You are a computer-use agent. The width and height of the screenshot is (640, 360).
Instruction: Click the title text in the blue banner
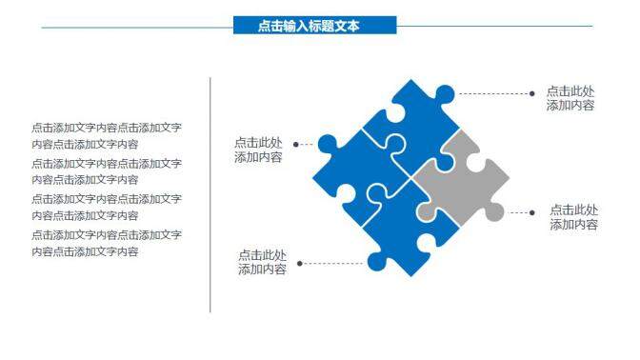[309, 27]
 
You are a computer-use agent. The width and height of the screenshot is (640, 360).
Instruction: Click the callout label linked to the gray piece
[573, 217]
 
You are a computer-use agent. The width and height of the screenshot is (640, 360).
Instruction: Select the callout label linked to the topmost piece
[570, 98]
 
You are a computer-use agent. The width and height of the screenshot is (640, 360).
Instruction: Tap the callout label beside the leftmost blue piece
[258, 150]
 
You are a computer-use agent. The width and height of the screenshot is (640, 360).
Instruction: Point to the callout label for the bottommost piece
[262, 262]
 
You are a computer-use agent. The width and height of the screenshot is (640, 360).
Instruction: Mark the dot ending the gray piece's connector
[533, 213]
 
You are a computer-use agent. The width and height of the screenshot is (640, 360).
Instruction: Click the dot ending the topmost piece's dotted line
[531, 93]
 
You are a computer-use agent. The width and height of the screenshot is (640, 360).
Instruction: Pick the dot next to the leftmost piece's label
[296, 145]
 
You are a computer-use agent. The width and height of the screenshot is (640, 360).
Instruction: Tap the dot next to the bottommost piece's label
[299, 263]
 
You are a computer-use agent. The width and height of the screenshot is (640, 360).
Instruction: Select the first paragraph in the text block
[106, 135]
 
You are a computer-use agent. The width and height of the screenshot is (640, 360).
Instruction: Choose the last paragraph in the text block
[106, 243]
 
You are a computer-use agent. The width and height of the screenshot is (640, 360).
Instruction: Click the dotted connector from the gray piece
[519, 213]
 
